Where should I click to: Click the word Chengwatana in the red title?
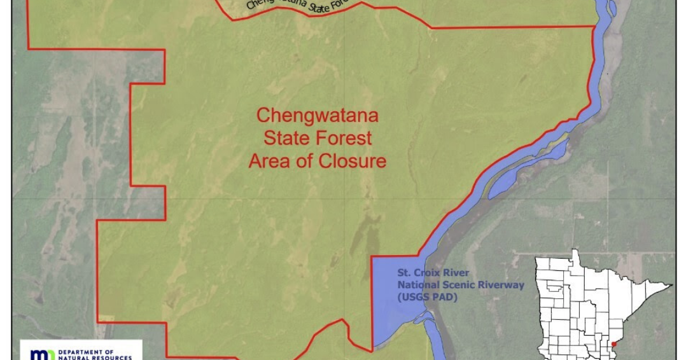click(317, 116)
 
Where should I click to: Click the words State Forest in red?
click(317, 138)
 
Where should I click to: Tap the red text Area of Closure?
click(317, 161)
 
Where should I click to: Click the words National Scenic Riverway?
click(461, 285)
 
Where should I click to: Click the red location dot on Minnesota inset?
click(613, 344)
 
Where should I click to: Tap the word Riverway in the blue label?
click(503, 285)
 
